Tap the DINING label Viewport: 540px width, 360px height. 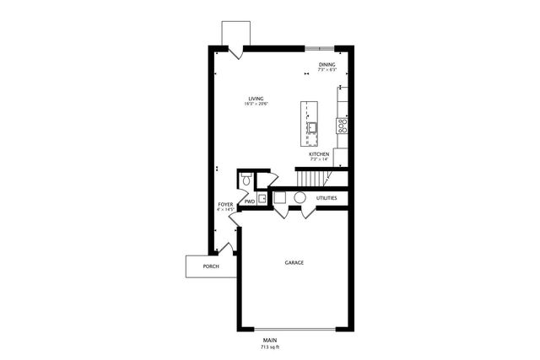pyautogui.click(x=327, y=64)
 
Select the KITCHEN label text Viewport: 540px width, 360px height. pyautogui.click(x=318, y=154)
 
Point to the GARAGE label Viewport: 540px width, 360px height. pyautogui.click(x=294, y=262)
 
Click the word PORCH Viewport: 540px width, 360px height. pyautogui.click(x=211, y=266)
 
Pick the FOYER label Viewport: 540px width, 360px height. pyautogui.click(x=225, y=204)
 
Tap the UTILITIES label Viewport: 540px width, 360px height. pyautogui.click(x=327, y=198)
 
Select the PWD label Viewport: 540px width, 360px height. pyautogui.click(x=250, y=201)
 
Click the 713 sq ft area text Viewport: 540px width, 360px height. pyautogui.click(x=270, y=347)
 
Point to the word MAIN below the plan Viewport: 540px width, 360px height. pyautogui.click(x=270, y=340)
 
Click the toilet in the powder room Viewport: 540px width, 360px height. pyautogui.click(x=246, y=180)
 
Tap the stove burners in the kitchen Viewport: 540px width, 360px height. pyautogui.click(x=343, y=127)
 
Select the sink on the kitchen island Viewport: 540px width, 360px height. pyautogui.click(x=310, y=128)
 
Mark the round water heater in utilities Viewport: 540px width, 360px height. pyautogui.click(x=300, y=198)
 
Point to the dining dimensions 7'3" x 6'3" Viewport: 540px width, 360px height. pyautogui.click(x=327, y=69)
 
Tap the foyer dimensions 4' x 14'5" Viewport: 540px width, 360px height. pyautogui.click(x=225, y=209)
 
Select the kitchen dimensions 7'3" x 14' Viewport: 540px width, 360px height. pyautogui.click(x=318, y=159)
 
